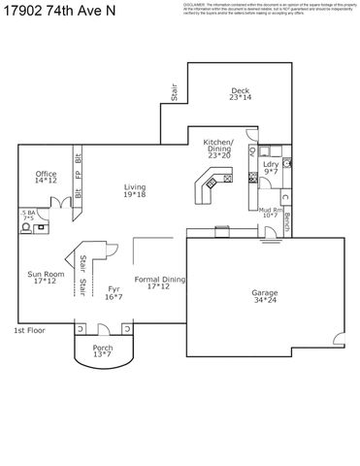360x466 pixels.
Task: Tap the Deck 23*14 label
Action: pos(240,94)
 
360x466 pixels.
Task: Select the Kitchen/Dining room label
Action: pos(217,149)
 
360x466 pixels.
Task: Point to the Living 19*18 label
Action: pos(135,191)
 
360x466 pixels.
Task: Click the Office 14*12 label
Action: pos(46,177)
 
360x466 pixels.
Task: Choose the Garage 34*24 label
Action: pos(264,296)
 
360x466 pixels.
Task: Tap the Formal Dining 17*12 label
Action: pos(157,283)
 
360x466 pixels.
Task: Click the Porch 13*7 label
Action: pos(103,351)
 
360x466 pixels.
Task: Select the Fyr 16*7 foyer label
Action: pos(114,293)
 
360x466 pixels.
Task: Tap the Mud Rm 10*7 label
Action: pos(270,212)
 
